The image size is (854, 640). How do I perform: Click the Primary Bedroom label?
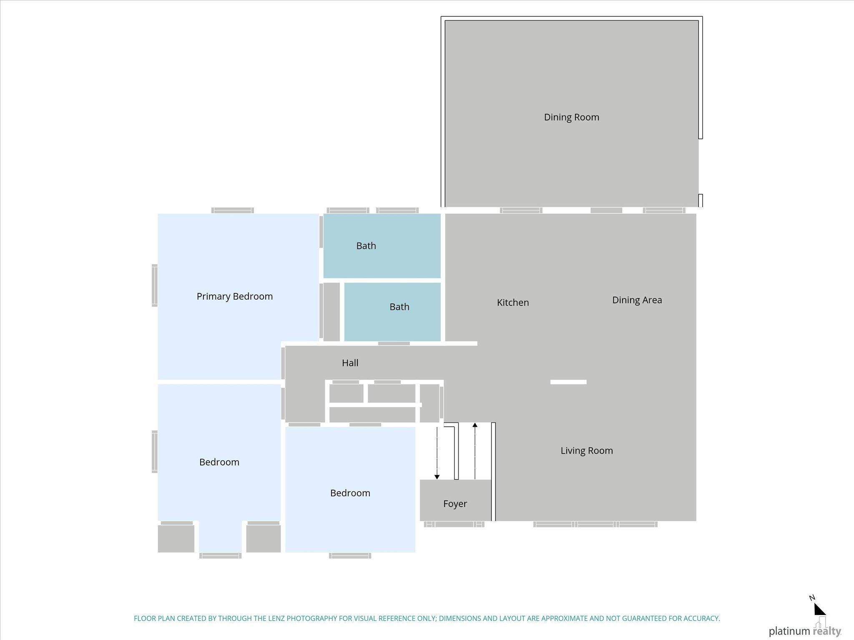(235, 296)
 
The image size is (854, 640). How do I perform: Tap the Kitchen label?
(513, 302)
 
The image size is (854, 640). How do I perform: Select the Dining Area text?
(637, 300)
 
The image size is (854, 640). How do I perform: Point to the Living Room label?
(587, 450)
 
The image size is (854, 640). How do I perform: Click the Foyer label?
(455, 504)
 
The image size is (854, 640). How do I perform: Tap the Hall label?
(350, 363)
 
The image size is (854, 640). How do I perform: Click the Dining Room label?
(571, 117)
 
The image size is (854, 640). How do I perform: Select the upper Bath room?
(382, 246)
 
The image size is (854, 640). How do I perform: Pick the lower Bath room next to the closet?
(392, 312)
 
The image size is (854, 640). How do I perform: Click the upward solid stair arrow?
(475, 451)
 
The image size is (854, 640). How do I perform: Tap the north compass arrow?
(820, 609)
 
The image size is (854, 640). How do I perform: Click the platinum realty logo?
(805, 629)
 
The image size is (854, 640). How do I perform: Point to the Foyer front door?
(454, 524)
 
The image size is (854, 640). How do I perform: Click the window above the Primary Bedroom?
(233, 210)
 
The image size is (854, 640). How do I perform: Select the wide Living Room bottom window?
(595, 524)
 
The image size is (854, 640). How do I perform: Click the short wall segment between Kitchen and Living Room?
(568, 382)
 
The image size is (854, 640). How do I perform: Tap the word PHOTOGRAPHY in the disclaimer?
(311, 618)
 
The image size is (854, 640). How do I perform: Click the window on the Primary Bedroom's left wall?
(155, 285)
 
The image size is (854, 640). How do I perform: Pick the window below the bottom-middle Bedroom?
(350, 555)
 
